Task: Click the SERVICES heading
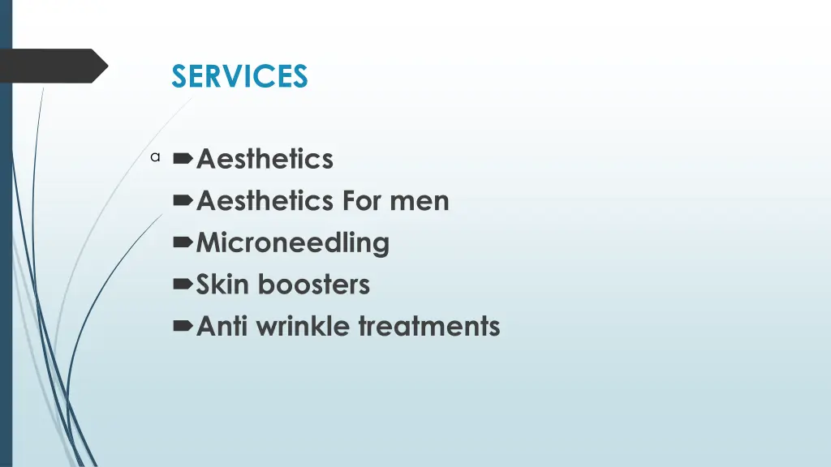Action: tap(239, 76)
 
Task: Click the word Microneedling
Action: tap(293, 242)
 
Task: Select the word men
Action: tap(420, 200)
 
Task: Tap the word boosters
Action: tap(313, 285)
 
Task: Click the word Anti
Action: tap(222, 327)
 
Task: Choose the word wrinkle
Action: tap(304, 327)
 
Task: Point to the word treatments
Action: tap(429, 327)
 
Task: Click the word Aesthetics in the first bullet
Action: tap(265, 158)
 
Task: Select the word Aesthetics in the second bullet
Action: tap(265, 200)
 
